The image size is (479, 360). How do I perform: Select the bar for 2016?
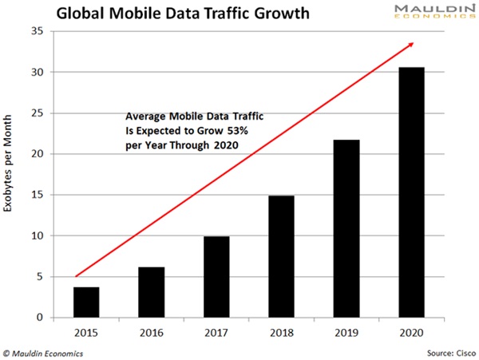(x=152, y=292)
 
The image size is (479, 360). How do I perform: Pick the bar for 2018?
(x=281, y=256)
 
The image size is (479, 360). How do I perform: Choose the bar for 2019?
(x=346, y=228)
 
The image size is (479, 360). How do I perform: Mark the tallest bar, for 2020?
(x=411, y=192)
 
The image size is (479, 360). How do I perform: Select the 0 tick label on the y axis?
(x=39, y=318)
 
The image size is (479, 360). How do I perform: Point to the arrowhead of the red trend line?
(x=410, y=44)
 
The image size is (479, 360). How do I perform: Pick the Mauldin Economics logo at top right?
(x=432, y=13)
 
